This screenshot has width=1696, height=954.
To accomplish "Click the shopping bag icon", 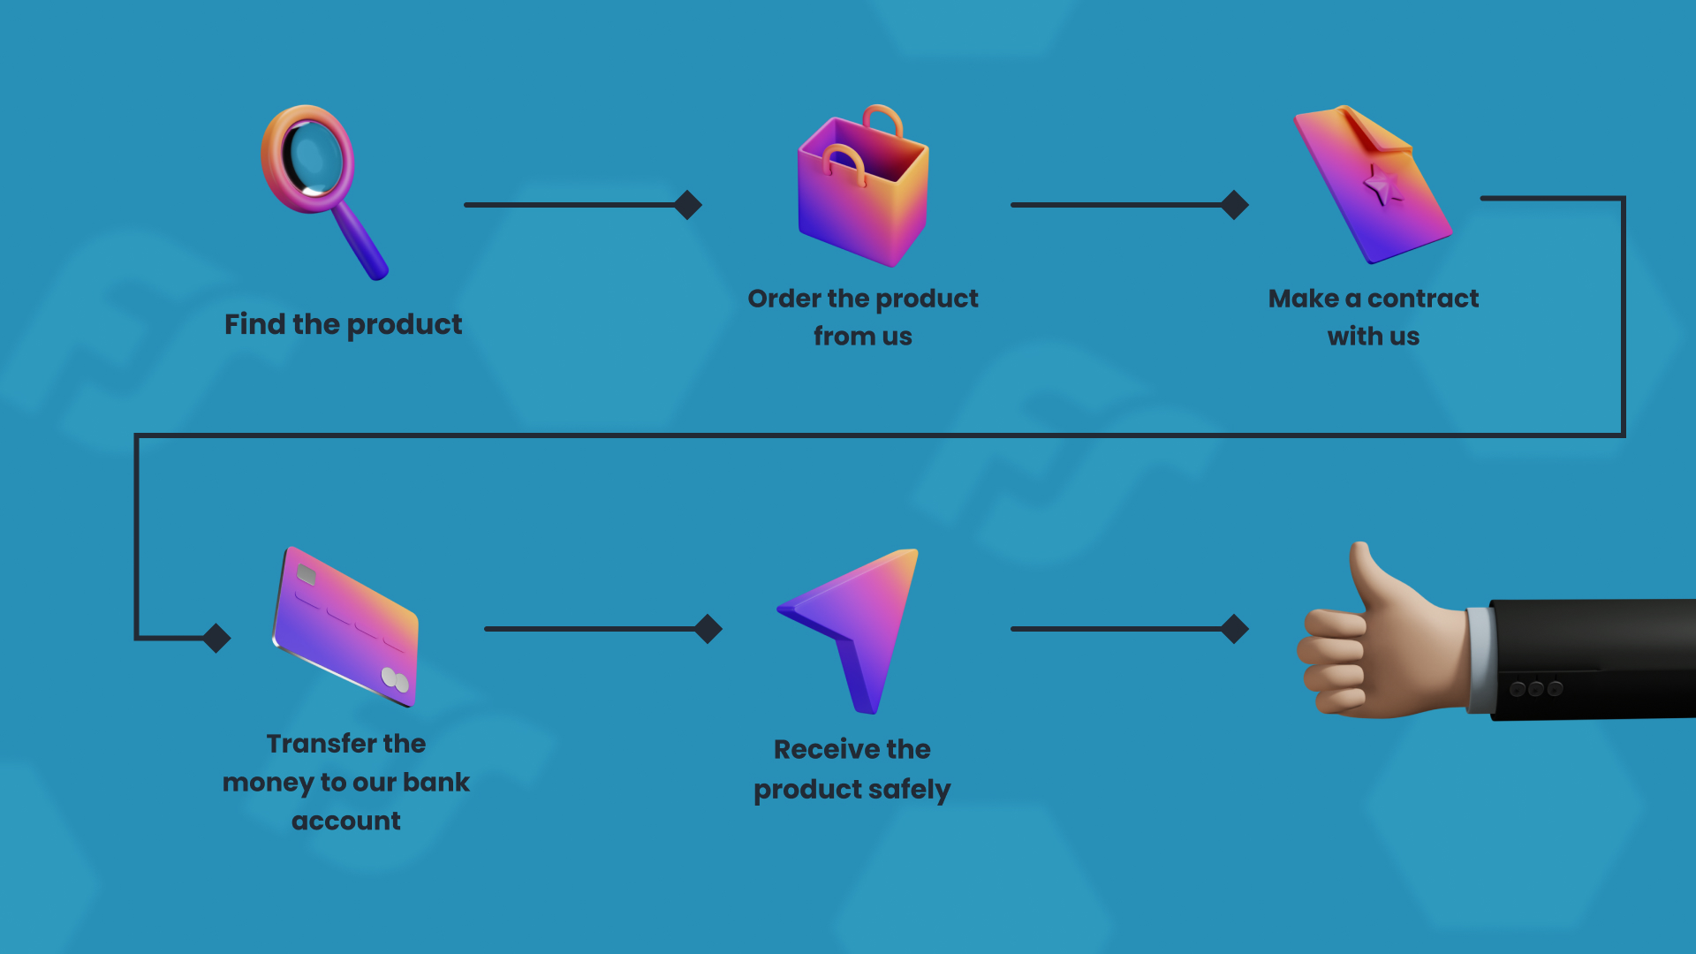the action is [863, 185].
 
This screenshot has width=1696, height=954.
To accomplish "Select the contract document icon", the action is [1373, 184].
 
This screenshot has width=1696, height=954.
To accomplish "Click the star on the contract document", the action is [1381, 186].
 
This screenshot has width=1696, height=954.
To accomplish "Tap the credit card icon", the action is [345, 626].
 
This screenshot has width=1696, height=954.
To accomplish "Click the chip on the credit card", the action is [307, 575].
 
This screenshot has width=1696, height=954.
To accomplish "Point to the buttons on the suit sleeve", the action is [1536, 688].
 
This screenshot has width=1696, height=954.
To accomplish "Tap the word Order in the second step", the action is [784, 299].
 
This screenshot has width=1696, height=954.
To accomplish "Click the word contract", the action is [1423, 299].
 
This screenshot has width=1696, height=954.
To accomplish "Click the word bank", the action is [436, 783].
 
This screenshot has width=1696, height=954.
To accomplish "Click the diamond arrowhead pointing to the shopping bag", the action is [688, 205].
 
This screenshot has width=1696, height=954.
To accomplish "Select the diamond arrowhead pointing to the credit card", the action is [216, 638].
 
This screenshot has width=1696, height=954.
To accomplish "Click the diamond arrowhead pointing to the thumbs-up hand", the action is [1235, 629].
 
